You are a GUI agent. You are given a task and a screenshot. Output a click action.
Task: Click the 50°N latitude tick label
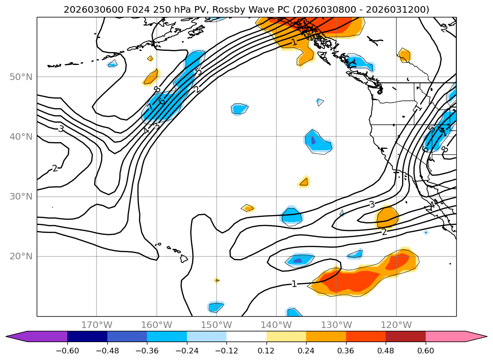[21, 77]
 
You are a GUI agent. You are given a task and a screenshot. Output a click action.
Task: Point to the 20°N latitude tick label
[21, 256]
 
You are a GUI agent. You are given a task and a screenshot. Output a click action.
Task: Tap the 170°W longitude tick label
[97, 325]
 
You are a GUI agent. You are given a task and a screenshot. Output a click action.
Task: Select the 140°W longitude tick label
[276, 325]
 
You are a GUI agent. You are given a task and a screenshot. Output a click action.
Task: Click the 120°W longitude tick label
[396, 325]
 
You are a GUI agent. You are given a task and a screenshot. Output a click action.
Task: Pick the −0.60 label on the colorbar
[67, 351]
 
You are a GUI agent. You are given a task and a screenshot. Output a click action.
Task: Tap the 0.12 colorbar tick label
[267, 351]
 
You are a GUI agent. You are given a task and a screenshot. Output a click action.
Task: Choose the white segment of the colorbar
[246, 336]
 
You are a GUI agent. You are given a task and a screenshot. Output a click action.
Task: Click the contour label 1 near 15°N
[294, 284]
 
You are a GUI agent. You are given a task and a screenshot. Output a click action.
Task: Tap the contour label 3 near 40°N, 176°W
[61, 128]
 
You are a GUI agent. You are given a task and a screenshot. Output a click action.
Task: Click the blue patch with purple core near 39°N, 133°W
[318, 141]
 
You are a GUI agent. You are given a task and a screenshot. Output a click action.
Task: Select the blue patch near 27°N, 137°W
[291, 216]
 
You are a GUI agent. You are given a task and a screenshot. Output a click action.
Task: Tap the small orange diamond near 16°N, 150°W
[217, 280]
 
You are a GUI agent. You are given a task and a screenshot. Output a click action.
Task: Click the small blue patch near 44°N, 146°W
[240, 109]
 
